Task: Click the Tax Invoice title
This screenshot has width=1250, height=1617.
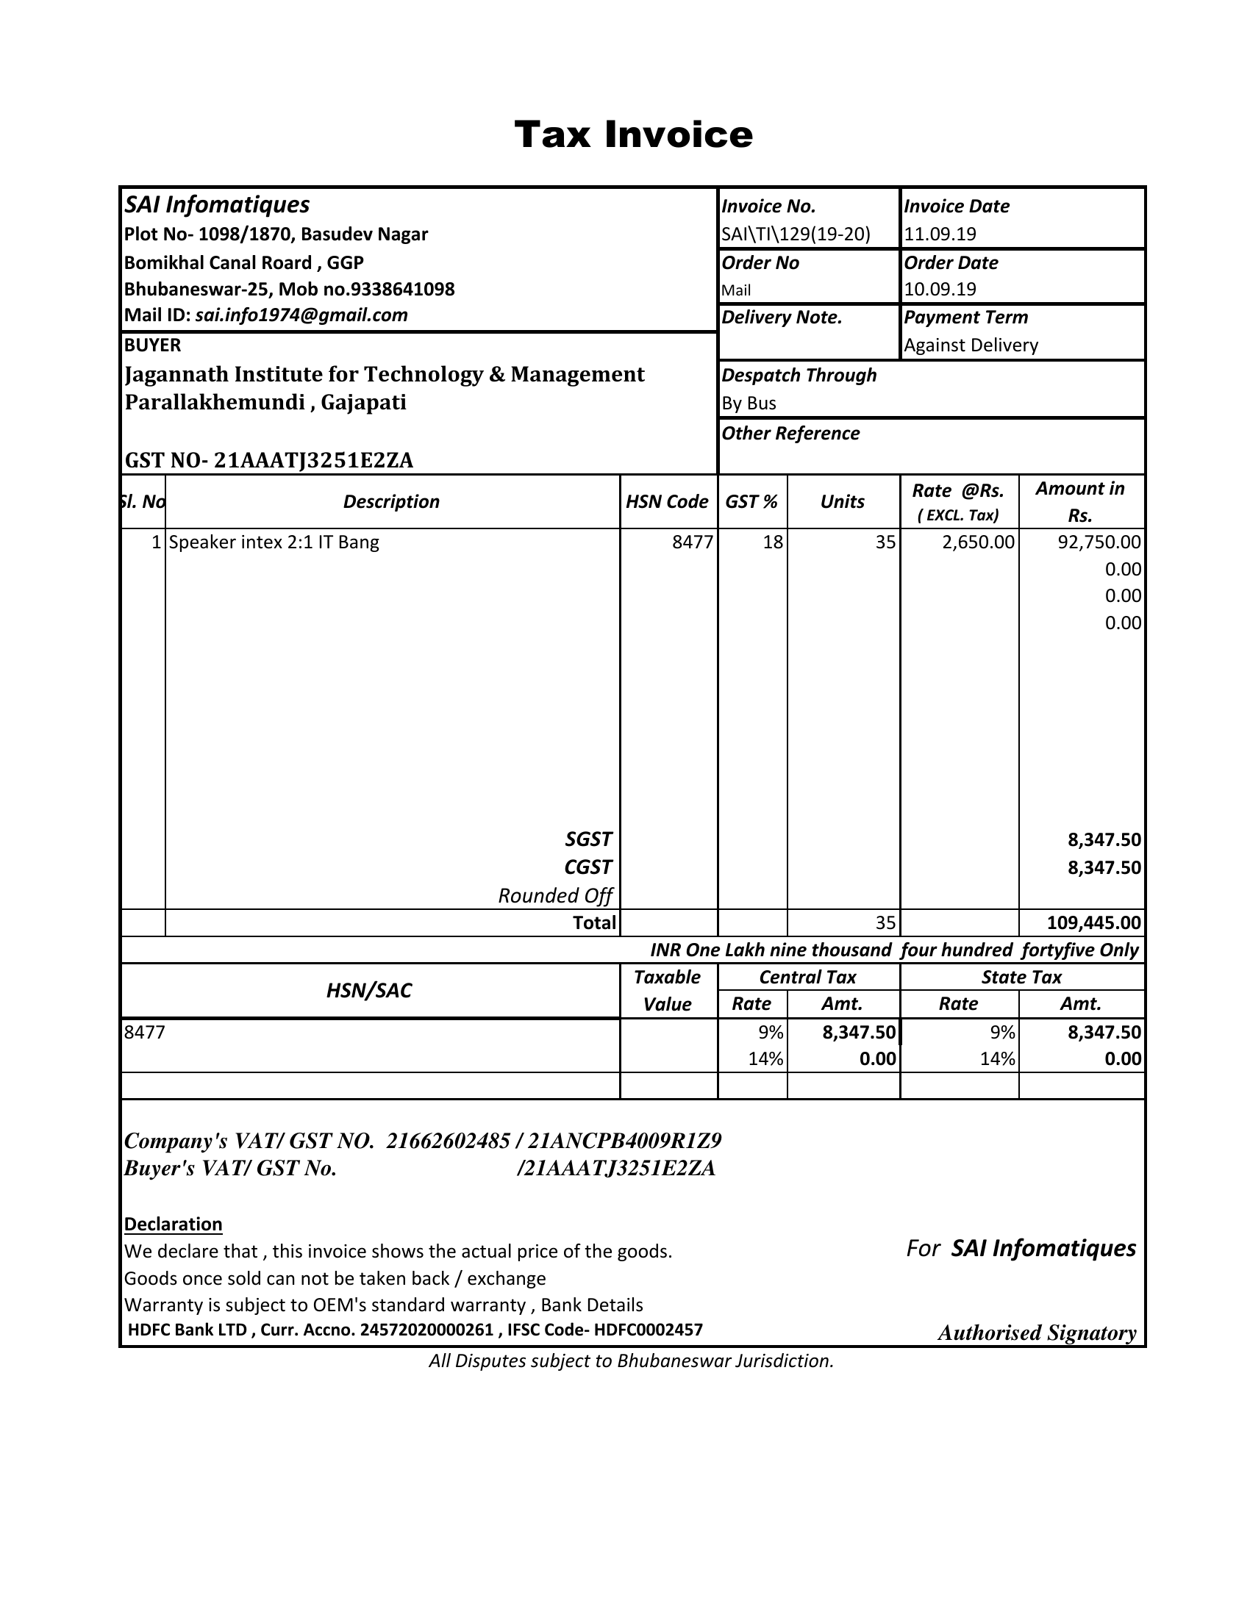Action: pos(633,135)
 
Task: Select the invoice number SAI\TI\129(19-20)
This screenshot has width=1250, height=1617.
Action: pos(796,234)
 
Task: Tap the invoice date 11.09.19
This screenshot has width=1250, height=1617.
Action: pos(940,234)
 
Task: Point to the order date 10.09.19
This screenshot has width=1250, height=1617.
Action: pos(940,290)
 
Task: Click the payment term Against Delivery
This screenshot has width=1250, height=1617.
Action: pos(971,345)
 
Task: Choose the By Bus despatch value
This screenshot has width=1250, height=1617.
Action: pos(749,404)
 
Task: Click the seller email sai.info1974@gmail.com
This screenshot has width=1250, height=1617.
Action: pos(301,315)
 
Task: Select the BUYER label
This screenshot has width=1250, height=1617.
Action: pos(152,345)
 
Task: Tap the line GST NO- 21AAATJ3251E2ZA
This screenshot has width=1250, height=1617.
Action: pos(269,461)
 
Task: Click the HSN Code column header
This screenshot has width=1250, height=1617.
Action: pos(667,502)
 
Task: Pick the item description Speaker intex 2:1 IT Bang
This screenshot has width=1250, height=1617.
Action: pos(274,542)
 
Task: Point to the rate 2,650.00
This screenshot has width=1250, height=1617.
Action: pos(977,542)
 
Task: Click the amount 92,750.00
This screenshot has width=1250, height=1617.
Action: pos(1099,542)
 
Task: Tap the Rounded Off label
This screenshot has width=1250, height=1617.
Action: pos(554,896)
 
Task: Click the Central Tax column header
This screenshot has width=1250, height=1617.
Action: pos(807,978)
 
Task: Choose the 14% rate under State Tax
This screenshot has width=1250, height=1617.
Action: pos(997,1059)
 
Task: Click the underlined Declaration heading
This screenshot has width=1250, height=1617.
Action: pos(174,1225)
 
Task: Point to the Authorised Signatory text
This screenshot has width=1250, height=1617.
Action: pos(1037,1333)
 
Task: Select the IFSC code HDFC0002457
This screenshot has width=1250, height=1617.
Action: pos(648,1330)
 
